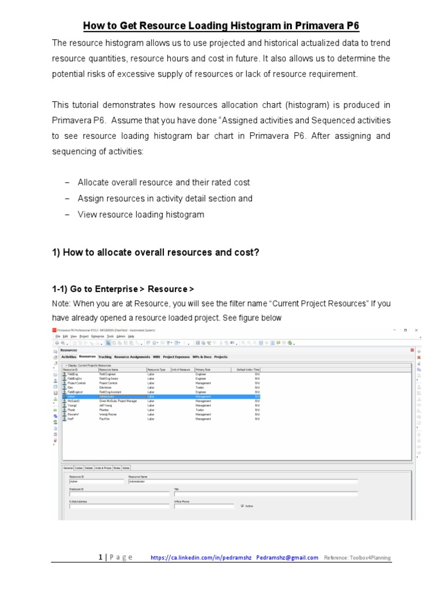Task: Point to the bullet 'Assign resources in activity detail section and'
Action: (164, 198)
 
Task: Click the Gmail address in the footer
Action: (287, 558)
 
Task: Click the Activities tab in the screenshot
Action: (68, 357)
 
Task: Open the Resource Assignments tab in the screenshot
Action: (132, 357)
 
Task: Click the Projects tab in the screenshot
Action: (221, 357)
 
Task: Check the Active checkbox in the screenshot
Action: (242, 506)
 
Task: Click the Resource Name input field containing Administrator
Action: (242, 482)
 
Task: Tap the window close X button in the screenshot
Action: (416, 330)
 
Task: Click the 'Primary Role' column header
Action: (204, 370)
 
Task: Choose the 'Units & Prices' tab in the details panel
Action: (103, 468)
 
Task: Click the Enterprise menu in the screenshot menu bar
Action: (97, 336)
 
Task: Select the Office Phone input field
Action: (204, 506)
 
